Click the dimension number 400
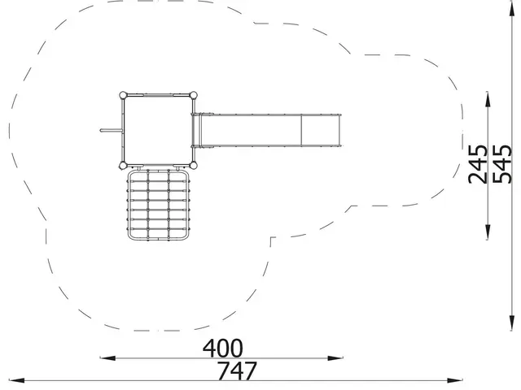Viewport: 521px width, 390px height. pyautogui.click(x=222, y=348)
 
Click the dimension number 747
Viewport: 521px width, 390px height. pyautogui.click(x=237, y=370)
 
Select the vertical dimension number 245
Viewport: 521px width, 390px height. pyautogui.click(x=478, y=164)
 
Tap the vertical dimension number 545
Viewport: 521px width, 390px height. pyautogui.click(x=501, y=164)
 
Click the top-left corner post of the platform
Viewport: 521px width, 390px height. pyautogui.click(x=123, y=95)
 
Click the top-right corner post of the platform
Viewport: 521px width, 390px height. pyautogui.click(x=194, y=95)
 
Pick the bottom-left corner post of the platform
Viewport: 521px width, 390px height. pyautogui.click(x=123, y=165)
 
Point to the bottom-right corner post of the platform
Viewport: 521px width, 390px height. pyautogui.click(x=194, y=165)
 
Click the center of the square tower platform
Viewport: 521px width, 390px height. pyautogui.click(x=158, y=130)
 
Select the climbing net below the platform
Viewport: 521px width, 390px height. pyautogui.click(x=159, y=205)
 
